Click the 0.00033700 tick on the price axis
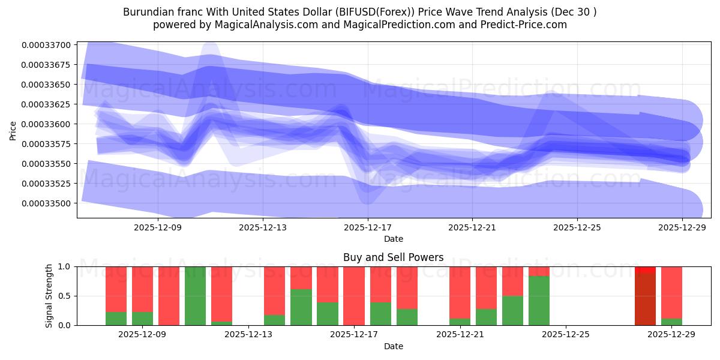point(46,45)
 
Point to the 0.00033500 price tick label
point(46,203)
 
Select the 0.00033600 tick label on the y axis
point(46,124)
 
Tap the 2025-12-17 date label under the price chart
point(367,227)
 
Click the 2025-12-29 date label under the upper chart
point(683,227)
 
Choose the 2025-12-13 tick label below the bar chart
point(248,334)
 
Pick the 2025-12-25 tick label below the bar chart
point(566,334)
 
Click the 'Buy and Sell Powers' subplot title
point(393,257)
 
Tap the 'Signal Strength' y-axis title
point(50,296)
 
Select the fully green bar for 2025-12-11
point(195,296)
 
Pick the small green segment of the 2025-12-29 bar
point(671,322)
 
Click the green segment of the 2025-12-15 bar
point(301,307)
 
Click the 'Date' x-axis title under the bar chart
point(393,346)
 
